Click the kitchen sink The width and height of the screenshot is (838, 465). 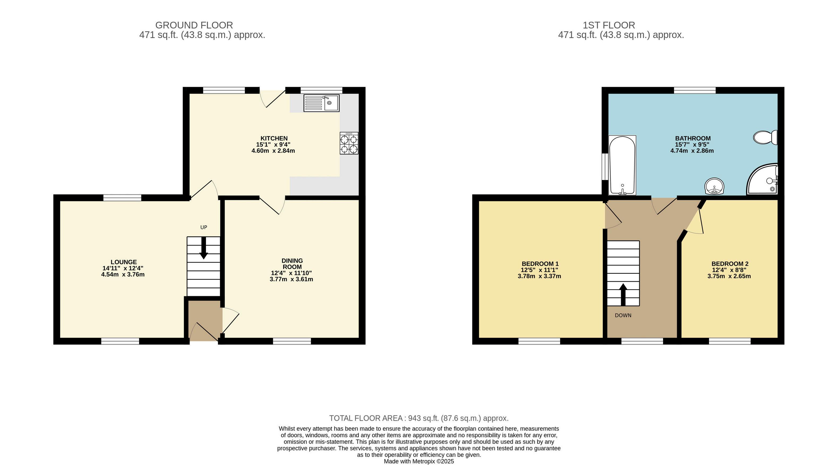321,103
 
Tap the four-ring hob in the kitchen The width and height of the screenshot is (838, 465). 349,143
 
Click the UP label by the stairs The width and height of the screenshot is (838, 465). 204,227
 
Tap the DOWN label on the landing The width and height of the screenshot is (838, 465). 623,315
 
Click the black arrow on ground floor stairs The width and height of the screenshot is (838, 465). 204,248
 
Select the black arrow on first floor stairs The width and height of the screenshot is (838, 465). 623,295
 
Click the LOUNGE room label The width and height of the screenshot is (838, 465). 124,262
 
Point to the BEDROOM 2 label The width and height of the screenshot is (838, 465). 730,264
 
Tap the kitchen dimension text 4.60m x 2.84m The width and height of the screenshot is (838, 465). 273,151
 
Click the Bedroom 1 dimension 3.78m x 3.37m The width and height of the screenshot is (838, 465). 539,276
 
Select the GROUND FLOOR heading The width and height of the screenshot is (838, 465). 194,25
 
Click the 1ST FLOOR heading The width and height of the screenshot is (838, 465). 609,25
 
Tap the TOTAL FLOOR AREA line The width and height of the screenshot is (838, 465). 419,418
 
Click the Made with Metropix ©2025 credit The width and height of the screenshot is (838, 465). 419,462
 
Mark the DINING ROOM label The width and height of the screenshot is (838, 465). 292,264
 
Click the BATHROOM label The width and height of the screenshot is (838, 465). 693,138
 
